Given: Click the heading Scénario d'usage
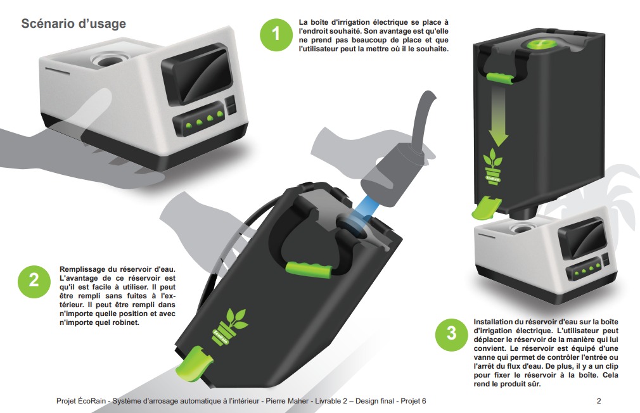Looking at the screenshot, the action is tap(74, 23).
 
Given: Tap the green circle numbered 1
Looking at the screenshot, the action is tap(276, 34).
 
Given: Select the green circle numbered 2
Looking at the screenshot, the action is tap(34, 281).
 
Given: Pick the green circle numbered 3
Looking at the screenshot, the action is tap(451, 334).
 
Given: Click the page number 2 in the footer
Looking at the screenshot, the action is tap(599, 401).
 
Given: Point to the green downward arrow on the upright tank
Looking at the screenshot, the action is tap(498, 117).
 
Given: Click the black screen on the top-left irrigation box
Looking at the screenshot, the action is tap(196, 73).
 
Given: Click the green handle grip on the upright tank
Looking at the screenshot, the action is tap(499, 77).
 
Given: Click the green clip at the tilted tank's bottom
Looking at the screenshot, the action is tap(193, 363).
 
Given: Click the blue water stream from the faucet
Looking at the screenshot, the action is tap(364, 212).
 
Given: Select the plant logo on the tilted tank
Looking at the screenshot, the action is tap(229, 327).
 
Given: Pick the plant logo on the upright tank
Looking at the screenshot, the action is tap(493, 167).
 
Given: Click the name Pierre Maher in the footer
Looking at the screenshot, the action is tap(287, 401).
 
